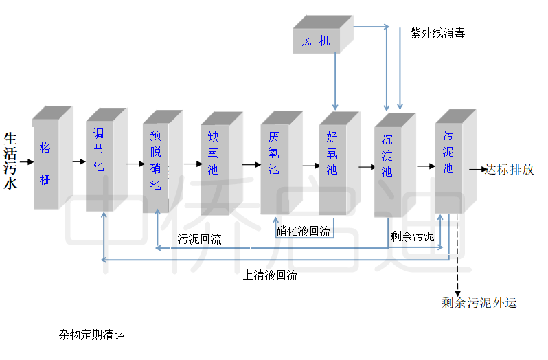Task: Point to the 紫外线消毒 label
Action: [x=437, y=33]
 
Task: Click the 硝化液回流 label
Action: [x=303, y=232]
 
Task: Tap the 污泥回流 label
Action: [x=199, y=240]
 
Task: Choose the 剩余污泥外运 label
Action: [x=479, y=303]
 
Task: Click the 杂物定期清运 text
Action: [x=92, y=335]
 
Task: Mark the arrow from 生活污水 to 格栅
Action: [x=27, y=163]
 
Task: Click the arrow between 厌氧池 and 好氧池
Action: [x=311, y=166]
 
